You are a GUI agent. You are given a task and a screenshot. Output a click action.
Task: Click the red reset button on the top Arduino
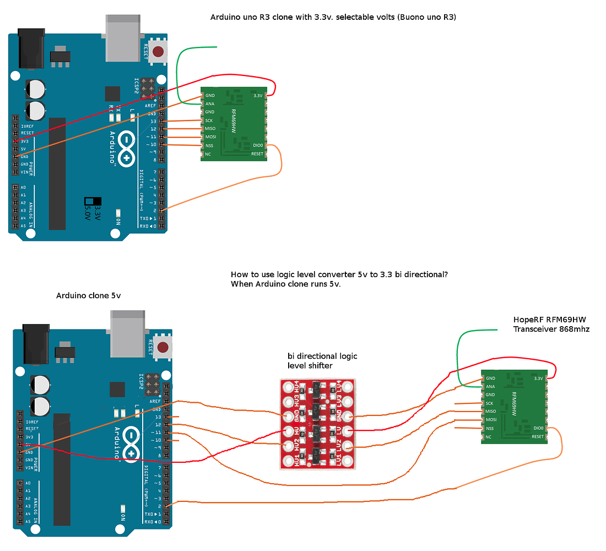159,52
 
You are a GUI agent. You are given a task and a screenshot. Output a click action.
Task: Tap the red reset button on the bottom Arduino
163,347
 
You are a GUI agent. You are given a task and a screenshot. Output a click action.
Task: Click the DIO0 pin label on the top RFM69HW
258,145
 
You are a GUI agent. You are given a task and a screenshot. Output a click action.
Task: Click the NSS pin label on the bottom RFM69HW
490,428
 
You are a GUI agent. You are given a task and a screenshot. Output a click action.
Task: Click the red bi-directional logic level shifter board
317,423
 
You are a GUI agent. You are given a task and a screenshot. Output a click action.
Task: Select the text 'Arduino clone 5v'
88,296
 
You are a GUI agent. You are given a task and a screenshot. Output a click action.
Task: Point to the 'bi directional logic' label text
322,356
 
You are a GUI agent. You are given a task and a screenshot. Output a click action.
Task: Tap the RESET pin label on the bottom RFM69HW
537,436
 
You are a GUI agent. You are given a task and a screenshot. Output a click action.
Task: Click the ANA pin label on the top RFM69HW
210,104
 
